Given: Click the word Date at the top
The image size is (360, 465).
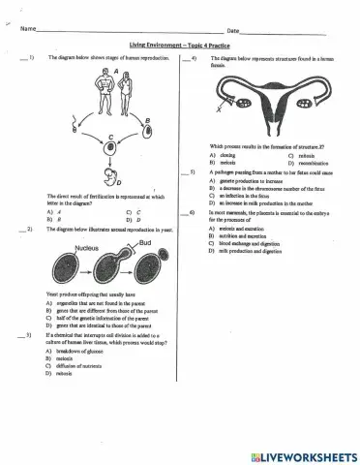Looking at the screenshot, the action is tap(232, 31).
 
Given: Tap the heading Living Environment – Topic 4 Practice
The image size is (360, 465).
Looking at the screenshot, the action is tap(179, 46).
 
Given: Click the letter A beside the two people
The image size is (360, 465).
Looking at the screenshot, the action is tap(115, 72).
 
